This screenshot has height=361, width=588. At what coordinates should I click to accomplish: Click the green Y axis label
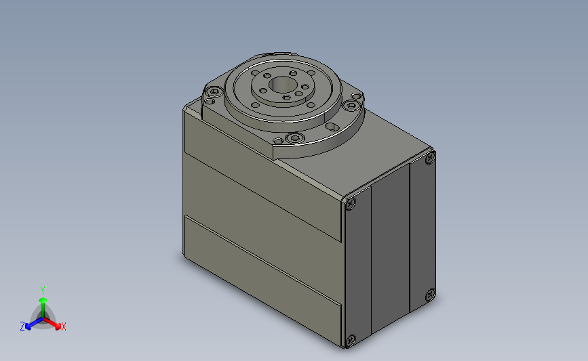43,290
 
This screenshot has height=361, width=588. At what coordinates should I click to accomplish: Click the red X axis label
64,327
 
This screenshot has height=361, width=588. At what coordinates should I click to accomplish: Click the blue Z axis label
22,326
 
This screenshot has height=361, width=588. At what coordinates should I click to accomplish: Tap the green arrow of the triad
43,302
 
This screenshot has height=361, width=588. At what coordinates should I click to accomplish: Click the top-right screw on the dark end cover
429,159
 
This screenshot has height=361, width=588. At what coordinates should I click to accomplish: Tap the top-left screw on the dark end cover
351,203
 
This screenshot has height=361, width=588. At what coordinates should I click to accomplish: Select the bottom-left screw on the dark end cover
350,340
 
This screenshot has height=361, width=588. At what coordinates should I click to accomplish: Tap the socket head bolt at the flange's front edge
294,139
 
